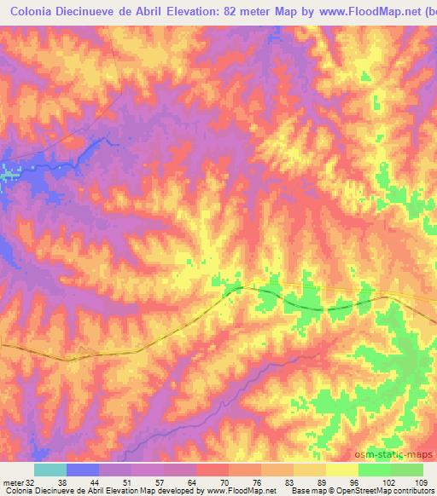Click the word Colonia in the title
click(33, 10)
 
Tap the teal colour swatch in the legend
click(50, 470)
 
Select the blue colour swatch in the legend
click(83, 470)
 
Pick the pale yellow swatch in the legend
click(341, 470)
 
